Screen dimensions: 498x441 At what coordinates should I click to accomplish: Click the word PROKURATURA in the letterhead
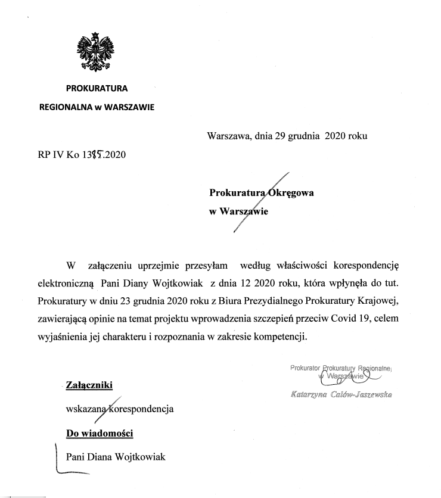(x=97, y=89)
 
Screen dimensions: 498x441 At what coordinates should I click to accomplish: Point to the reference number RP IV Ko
(x=57, y=155)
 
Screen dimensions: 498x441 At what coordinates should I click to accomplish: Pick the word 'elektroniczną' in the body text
(x=66, y=282)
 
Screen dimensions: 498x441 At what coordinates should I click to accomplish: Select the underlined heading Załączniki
(x=89, y=386)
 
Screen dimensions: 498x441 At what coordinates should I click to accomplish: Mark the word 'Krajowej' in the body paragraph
(x=374, y=300)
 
